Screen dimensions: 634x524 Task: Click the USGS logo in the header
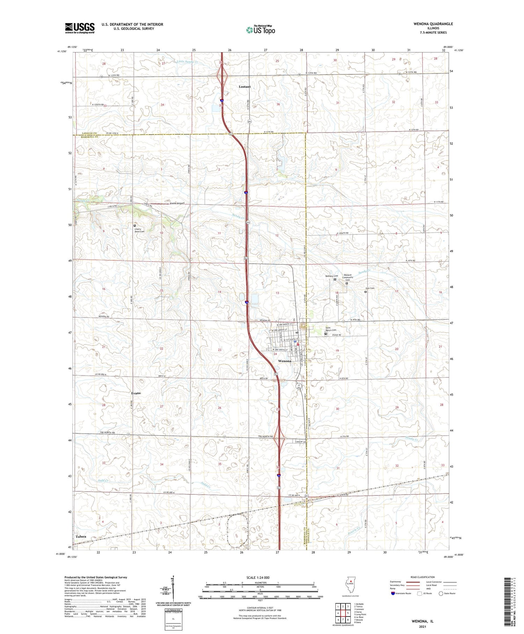pyautogui.click(x=80, y=28)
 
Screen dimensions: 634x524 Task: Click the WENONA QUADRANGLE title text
pyautogui.click(x=433, y=24)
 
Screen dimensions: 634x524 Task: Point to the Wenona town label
pyautogui.click(x=284, y=361)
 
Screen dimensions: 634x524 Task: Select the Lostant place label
pyautogui.click(x=245, y=86)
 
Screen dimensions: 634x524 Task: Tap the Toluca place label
pyautogui.click(x=81, y=536)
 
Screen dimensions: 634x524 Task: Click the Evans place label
pyautogui.click(x=136, y=393)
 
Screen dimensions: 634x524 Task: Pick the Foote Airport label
pyautogui.click(x=177, y=203)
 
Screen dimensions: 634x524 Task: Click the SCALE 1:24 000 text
pyautogui.click(x=257, y=577)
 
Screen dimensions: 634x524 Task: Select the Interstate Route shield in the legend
pyautogui.click(x=393, y=593)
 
